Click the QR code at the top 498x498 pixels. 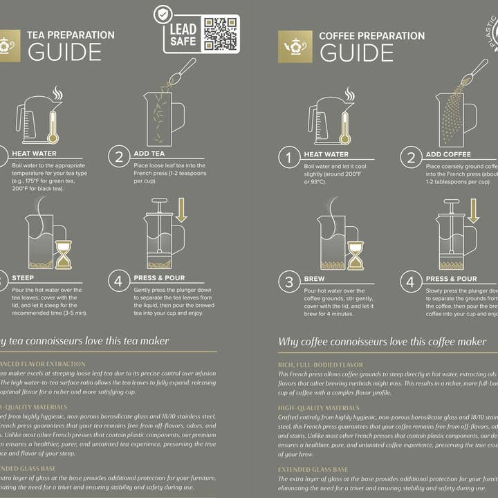[x=221, y=33]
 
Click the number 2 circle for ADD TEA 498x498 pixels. [x=119, y=157]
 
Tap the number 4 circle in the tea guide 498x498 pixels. [x=119, y=281]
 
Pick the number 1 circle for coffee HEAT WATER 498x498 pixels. [x=289, y=158]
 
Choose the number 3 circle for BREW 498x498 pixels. [x=289, y=282]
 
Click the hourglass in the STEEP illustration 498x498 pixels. [x=63, y=255]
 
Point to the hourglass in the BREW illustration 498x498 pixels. [x=356, y=255]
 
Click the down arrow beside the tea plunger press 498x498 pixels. [x=181, y=210]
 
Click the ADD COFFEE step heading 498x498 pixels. [x=448, y=154]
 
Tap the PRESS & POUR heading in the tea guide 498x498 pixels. [x=160, y=278]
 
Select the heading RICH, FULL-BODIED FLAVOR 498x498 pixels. [x=320, y=365]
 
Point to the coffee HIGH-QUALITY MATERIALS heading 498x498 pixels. [x=319, y=408]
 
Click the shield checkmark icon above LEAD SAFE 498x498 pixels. [x=163, y=14]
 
